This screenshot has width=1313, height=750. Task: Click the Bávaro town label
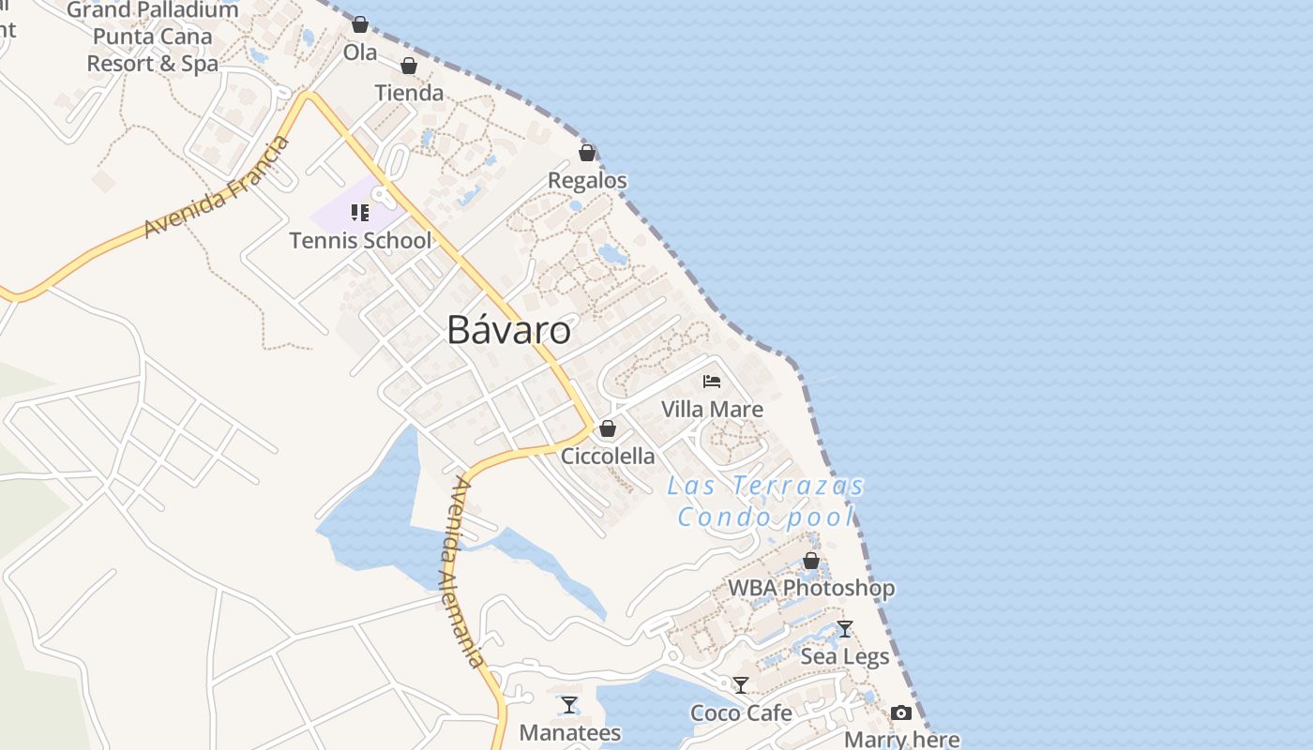(508, 330)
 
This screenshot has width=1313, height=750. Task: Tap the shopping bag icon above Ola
(360, 24)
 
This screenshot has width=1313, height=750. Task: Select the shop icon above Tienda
(409, 66)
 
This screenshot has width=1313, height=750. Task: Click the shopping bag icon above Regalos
(587, 153)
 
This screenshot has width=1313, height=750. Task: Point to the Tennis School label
(360, 241)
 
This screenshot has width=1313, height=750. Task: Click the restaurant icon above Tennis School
(360, 213)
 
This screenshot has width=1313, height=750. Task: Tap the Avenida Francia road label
(218, 187)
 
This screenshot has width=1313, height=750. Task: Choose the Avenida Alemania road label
(466, 572)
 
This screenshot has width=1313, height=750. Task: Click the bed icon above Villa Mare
(712, 382)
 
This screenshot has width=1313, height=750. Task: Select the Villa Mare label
(712, 410)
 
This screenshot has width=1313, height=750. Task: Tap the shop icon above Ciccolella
(608, 429)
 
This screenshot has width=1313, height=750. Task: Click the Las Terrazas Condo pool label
(766, 502)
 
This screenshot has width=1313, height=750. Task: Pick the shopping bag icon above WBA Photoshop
(811, 561)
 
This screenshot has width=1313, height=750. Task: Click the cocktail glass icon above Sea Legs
(845, 629)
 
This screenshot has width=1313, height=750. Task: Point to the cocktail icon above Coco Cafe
(741, 685)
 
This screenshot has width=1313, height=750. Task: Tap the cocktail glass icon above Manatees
(569, 705)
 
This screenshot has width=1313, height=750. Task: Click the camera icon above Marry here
(901, 713)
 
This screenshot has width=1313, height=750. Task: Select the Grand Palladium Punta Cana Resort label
(152, 37)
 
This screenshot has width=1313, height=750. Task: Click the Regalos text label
(587, 180)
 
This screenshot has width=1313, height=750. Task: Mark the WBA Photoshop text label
(811, 589)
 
